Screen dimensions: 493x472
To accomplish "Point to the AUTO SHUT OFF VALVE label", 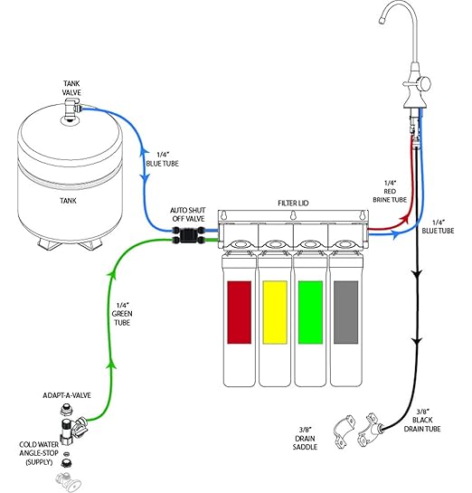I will tap(190, 213).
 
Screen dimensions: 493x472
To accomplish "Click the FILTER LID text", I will tap(294, 204).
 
